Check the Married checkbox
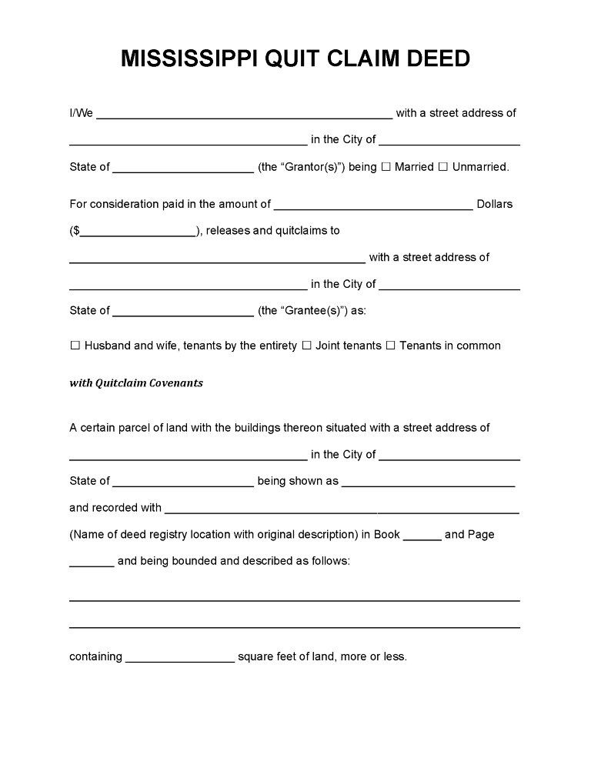tap(386, 167)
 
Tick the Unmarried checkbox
tap(442, 167)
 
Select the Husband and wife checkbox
tap(75, 346)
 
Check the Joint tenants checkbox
tap(306, 346)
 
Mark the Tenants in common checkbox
tap(390, 346)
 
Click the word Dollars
tap(495, 205)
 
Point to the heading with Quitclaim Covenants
tap(136, 382)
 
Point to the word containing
tap(95, 657)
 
